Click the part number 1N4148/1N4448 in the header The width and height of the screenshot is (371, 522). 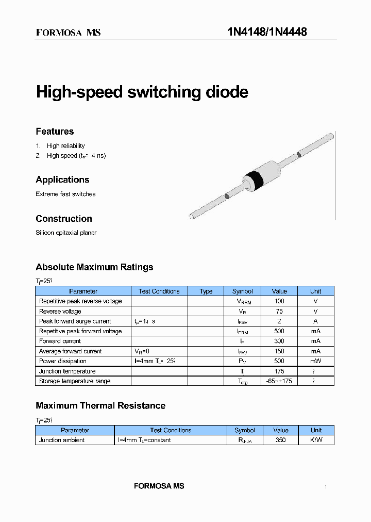click(x=267, y=32)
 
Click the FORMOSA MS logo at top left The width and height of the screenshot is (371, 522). click(x=68, y=32)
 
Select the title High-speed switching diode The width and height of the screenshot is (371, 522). click(x=142, y=92)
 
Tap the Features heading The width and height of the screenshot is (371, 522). click(x=55, y=132)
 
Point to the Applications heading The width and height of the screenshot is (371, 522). click(x=62, y=180)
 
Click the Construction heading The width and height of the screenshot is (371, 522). click(x=64, y=219)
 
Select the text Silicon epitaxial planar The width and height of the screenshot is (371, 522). click(x=66, y=233)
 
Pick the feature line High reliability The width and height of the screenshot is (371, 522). click(x=65, y=146)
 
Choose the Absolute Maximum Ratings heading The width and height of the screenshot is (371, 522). click(x=94, y=267)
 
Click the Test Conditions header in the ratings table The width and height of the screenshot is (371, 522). click(x=159, y=291)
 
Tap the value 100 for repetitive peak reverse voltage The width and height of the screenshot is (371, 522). click(x=279, y=301)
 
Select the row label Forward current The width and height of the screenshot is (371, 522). click(x=60, y=341)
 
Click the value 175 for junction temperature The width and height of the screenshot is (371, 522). click(x=279, y=371)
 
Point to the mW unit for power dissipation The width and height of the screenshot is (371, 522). click(x=315, y=361)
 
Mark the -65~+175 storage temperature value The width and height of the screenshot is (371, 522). click(x=279, y=381)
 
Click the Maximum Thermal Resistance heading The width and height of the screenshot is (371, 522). click(x=100, y=405)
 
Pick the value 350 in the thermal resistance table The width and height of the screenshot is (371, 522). click(x=280, y=440)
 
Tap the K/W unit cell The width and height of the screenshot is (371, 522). click(x=316, y=440)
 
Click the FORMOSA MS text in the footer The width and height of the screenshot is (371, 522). click(x=159, y=486)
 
